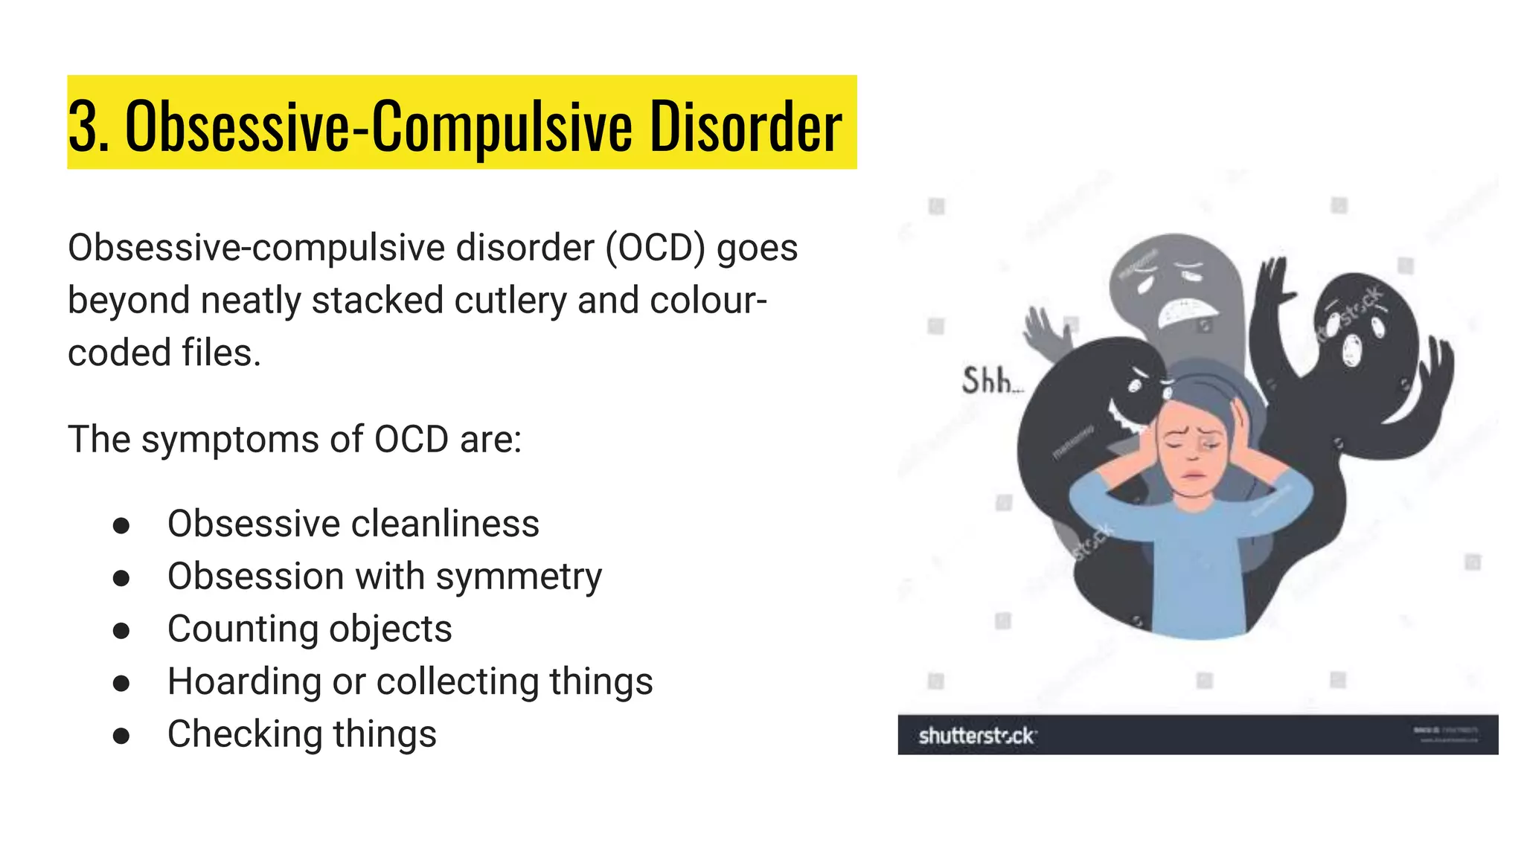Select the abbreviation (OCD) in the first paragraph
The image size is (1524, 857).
tap(655, 248)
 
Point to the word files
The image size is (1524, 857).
tap(222, 353)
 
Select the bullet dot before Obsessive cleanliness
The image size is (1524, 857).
tap(121, 525)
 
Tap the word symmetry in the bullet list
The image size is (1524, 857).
tap(519, 577)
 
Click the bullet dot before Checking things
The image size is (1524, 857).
tap(121, 736)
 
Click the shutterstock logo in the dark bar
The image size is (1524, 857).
tap(977, 736)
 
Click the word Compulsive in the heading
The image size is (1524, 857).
tap(502, 126)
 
